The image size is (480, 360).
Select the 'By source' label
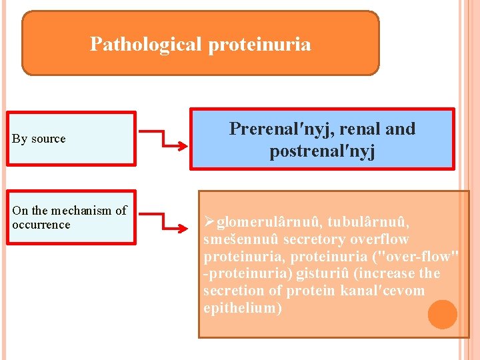39,139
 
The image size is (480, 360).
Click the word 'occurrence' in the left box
41,225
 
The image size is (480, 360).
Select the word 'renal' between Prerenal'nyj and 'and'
357,129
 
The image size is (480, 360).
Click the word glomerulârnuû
270,221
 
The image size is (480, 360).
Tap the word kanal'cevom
382,291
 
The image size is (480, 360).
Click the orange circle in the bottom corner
442,314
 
